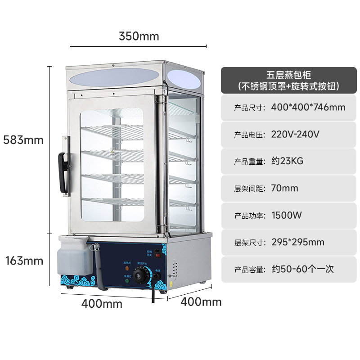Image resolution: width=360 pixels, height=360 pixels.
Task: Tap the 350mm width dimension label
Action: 139,36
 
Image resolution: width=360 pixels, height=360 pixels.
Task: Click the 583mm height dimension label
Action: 23,139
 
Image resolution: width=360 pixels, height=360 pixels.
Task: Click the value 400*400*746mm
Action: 308,107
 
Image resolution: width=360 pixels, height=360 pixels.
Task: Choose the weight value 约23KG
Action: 288,161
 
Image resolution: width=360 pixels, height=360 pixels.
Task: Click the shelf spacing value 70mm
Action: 284,188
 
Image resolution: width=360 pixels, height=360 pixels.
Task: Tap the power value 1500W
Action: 287,215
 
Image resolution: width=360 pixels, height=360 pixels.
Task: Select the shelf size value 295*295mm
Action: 297,242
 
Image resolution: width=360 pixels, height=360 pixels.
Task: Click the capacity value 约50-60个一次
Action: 302,269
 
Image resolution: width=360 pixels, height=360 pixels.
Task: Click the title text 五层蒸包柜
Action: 288,75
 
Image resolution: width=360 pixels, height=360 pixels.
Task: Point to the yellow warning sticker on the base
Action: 171,284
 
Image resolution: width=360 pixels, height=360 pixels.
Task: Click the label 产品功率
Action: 248,216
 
